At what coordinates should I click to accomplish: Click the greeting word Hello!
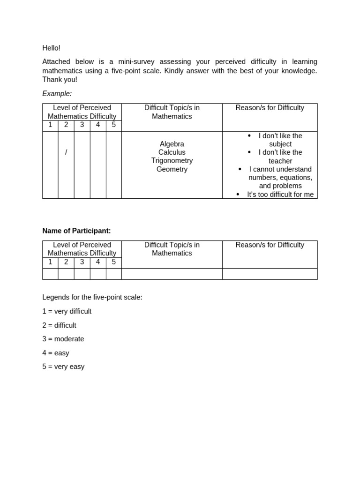coord(52,48)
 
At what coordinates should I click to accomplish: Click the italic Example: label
coord(57,93)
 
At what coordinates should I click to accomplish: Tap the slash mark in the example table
coord(66,152)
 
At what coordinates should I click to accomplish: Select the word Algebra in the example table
coord(172,144)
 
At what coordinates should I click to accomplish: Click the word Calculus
coord(172,152)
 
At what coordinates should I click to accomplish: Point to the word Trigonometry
coord(172,160)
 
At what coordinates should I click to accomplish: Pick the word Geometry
coord(172,169)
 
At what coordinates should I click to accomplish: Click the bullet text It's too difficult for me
coord(280,194)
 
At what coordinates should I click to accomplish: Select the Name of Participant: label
coord(76,231)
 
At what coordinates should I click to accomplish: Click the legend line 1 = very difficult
coord(67,311)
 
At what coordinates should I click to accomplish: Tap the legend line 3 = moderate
coord(63,339)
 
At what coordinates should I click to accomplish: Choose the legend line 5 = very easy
coord(63,367)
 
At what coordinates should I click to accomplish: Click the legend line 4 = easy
coord(56,353)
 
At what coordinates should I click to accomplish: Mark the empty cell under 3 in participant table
coord(82,274)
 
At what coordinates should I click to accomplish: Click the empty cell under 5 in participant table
coord(114,274)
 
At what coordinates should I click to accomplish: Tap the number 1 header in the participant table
coord(50,262)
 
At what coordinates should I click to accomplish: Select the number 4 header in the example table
coord(98,125)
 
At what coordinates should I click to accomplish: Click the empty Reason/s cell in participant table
coord(270,274)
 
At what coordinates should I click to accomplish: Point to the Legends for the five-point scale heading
coord(92,297)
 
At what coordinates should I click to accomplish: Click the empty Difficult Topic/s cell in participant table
coord(172,274)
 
